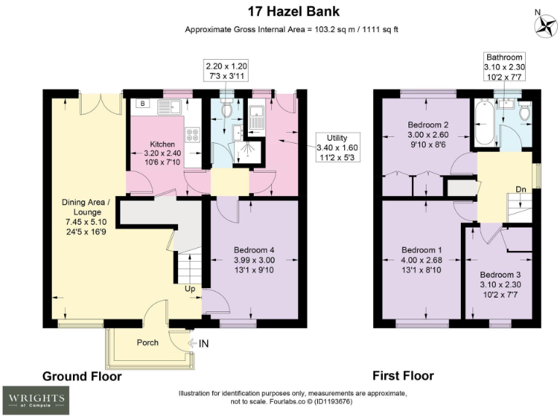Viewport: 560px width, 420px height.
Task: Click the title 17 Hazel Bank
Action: click(x=279, y=12)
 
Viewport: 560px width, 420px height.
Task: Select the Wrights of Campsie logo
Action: click(x=36, y=399)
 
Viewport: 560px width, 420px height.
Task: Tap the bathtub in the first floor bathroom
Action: click(x=482, y=123)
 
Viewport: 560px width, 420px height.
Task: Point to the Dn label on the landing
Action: click(x=521, y=190)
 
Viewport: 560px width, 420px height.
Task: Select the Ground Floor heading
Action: click(x=82, y=376)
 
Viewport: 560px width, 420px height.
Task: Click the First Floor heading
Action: click(x=402, y=376)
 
